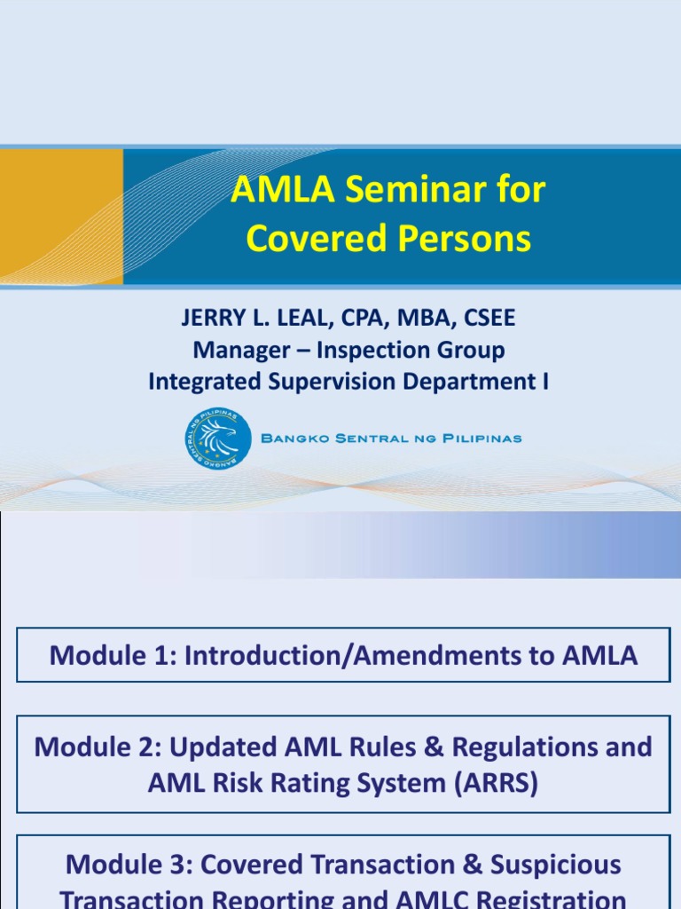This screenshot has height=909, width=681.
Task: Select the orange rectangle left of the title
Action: (x=61, y=217)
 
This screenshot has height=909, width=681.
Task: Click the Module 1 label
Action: (x=107, y=655)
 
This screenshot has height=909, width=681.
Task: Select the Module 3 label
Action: (x=125, y=865)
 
